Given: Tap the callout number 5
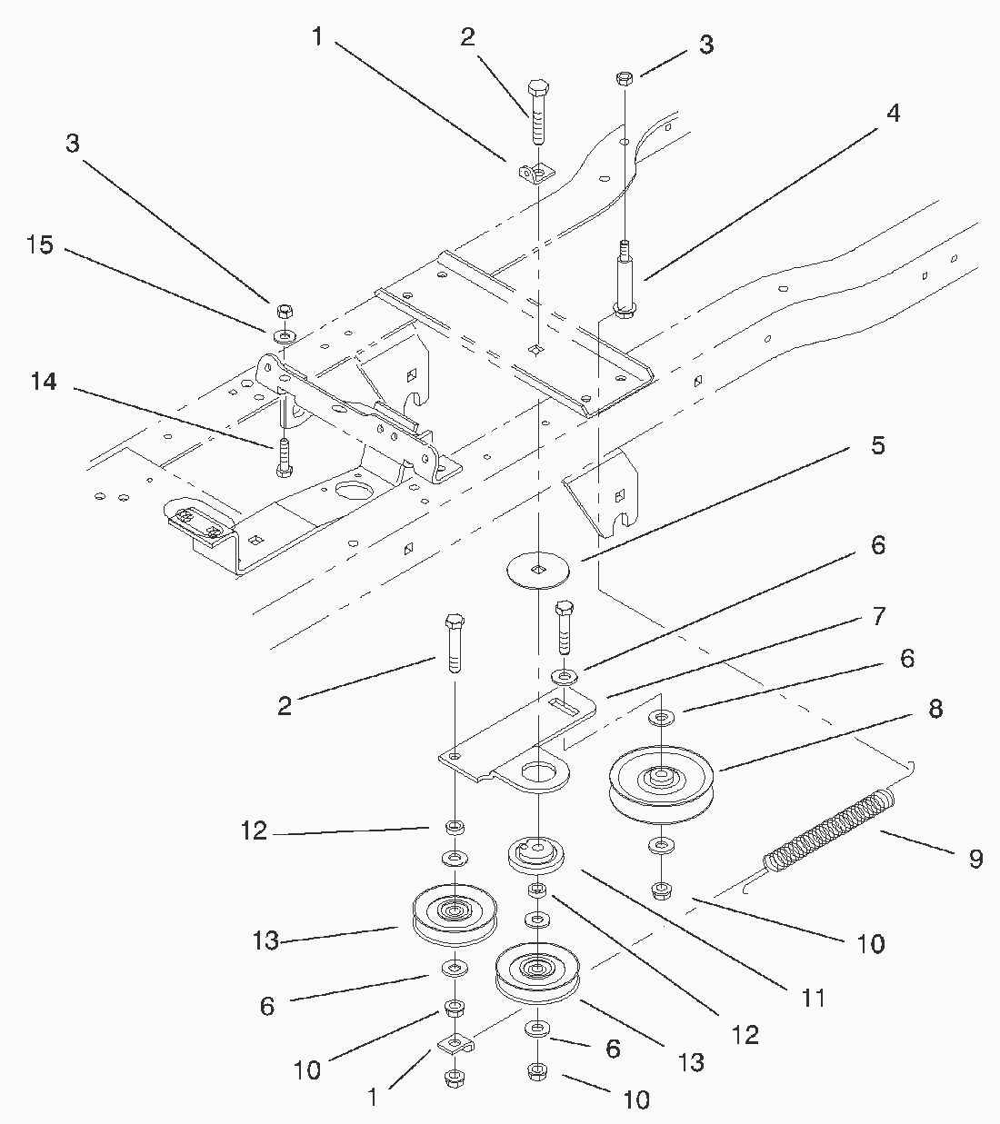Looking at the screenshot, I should coord(877,445).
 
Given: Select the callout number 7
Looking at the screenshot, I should coord(877,617).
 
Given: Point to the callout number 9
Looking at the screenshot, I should coord(975,859).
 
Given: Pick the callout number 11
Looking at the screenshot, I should coord(814,998).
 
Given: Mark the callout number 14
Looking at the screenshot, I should coord(44,383).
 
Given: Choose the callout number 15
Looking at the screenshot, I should coord(41,245).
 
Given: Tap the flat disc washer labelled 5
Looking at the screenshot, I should coord(539,570).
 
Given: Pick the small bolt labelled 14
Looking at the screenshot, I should coord(283,458).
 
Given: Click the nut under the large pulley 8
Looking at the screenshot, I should coord(662,888).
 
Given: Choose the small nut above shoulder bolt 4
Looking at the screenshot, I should coord(624,78).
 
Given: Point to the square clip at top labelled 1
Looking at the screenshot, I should coord(536,172).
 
